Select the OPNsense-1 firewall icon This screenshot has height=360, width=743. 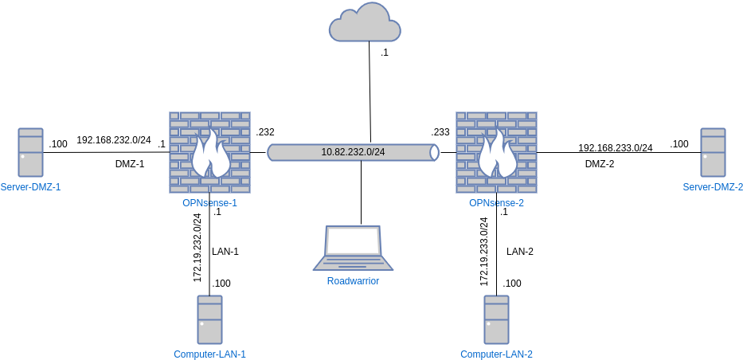pos(209,152)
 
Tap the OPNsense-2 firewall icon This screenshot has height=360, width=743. pos(496,152)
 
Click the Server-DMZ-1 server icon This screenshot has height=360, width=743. pos(31,152)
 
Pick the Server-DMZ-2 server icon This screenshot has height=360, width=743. pos(712,152)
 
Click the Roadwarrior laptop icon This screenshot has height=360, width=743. pos(353,248)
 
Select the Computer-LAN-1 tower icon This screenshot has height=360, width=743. pos(209,319)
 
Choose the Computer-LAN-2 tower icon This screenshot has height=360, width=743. pos(496,319)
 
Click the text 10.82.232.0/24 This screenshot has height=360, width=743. pos(353,152)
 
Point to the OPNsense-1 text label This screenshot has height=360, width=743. pos(209,203)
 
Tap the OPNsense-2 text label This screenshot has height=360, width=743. pos(496,203)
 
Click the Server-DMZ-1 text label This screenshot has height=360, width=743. pos(31,187)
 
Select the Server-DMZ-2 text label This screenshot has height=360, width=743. pos(713,187)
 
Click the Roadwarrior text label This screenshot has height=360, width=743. pos(353,281)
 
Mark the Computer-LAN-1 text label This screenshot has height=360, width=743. pos(209,354)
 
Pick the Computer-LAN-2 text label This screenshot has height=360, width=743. pos(496,354)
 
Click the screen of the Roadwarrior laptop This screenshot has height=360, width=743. pos(354,241)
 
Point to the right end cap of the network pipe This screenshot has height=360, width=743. pos(434,152)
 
